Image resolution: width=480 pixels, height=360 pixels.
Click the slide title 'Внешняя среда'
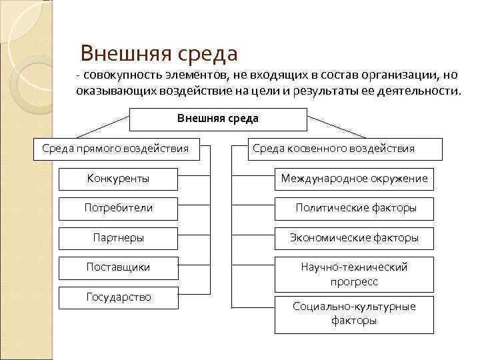(x=158, y=53)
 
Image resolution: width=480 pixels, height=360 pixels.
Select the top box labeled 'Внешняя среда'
(x=217, y=119)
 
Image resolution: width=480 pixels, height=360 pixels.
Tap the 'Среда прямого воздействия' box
(x=116, y=149)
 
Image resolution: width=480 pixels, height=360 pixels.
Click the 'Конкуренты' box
(x=118, y=179)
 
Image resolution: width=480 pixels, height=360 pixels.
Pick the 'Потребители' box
(x=118, y=208)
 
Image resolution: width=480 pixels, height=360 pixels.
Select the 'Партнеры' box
(x=118, y=238)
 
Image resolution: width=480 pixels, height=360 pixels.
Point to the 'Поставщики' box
(x=118, y=267)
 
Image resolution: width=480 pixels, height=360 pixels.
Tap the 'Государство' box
(x=118, y=297)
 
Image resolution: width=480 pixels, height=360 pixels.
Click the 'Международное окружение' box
(x=354, y=179)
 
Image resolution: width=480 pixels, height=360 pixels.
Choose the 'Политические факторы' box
(x=354, y=208)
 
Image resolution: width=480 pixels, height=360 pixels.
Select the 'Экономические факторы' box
(x=354, y=238)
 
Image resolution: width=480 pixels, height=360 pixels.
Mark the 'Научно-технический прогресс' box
(x=354, y=274)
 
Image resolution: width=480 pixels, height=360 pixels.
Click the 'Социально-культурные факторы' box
(x=354, y=313)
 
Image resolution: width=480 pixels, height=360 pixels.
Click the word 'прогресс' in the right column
(x=354, y=282)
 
